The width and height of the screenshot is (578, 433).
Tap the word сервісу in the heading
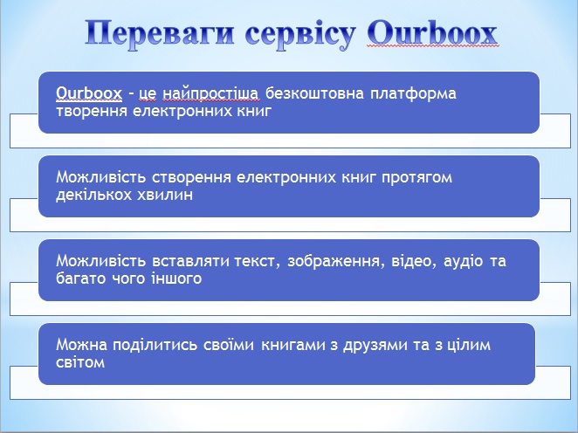[302, 33]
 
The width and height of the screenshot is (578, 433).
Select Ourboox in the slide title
[432, 33]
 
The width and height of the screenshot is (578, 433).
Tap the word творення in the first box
[88, 112]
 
